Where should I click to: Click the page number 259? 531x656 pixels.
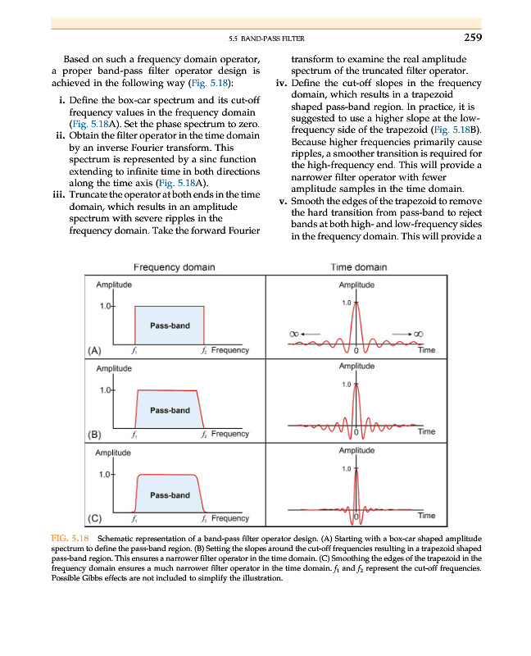click(471, 36)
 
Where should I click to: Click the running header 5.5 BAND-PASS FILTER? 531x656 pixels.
click(264, 38)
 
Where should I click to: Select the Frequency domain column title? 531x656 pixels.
click(175, 267)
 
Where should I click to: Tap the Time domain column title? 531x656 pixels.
click(359, 267)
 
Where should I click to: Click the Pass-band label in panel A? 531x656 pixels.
click(170, 326)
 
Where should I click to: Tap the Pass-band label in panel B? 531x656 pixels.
click(170, 410)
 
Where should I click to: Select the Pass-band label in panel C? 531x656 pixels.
click(170, 495)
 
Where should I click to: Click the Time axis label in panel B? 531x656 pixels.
click(426, 431)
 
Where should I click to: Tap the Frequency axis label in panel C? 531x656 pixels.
click(229, 518)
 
